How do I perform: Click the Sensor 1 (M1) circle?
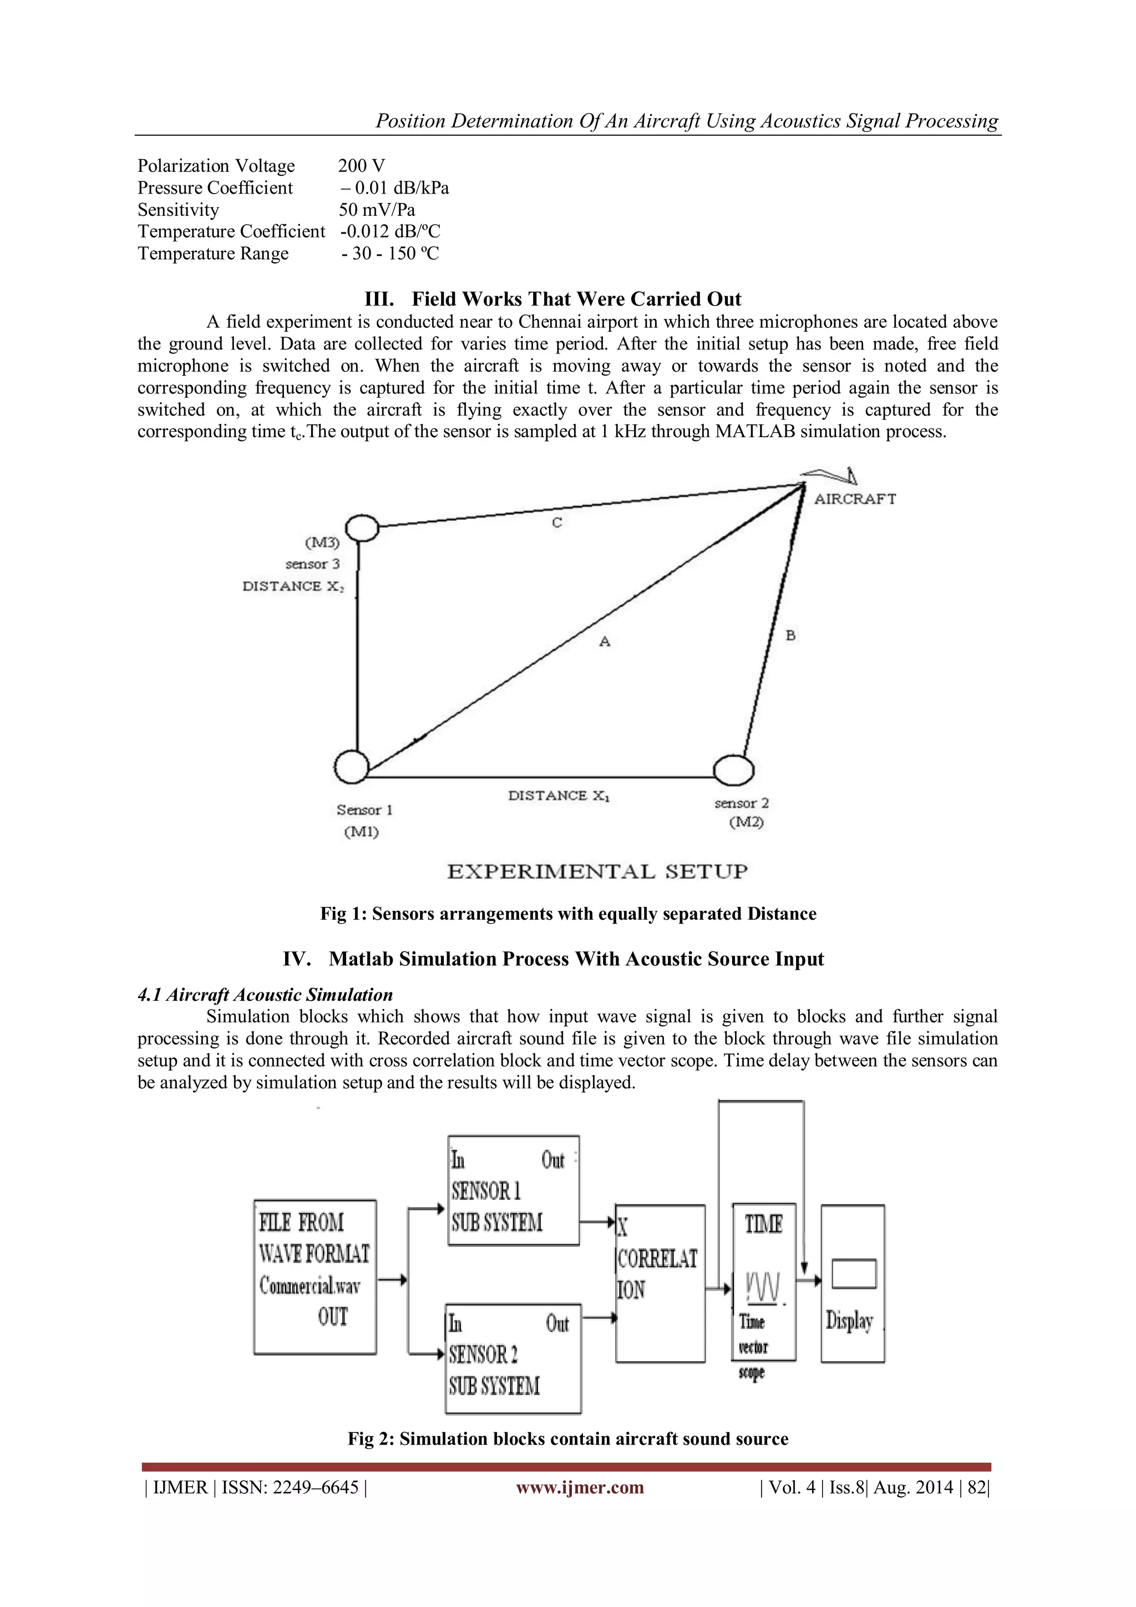351,767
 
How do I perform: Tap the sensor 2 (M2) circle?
733,770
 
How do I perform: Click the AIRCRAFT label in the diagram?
855,499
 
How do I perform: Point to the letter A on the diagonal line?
605,641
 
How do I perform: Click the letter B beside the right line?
790,636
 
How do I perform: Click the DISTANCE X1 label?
559,796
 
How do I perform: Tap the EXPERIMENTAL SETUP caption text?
597,872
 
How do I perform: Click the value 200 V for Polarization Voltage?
361,166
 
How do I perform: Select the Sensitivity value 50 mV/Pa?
377,210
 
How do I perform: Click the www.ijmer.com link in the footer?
580,1487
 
